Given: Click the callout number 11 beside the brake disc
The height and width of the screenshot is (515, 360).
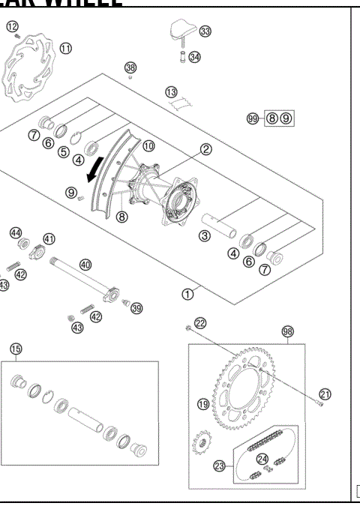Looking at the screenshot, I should coord(65,48).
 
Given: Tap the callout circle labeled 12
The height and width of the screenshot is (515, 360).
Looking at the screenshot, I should coord(12,27).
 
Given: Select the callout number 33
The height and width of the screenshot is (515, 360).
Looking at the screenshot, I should coord(205,31).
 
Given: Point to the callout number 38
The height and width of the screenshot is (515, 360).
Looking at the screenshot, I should coord(130,68).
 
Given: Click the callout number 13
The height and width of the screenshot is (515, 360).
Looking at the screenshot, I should coord(172,92).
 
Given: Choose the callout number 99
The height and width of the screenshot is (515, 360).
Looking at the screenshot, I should coord(253,118).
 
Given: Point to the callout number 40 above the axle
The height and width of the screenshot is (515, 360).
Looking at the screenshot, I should coord(85,264).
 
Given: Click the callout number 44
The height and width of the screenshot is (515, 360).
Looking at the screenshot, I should coord(15,233).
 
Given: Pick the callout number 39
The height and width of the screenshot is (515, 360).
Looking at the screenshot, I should coord(136,308).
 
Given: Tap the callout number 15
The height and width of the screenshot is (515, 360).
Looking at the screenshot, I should coord(16,349).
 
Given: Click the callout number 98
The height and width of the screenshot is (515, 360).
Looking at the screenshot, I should coord(287,331).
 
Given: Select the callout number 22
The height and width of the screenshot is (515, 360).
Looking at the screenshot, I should coord(200,322).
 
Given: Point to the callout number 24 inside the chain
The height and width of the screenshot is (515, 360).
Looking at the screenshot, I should coord(262,459).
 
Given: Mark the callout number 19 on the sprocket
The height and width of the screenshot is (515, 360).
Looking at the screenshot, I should coord(202,404).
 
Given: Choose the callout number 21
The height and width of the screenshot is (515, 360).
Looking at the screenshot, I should coord(324,393).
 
